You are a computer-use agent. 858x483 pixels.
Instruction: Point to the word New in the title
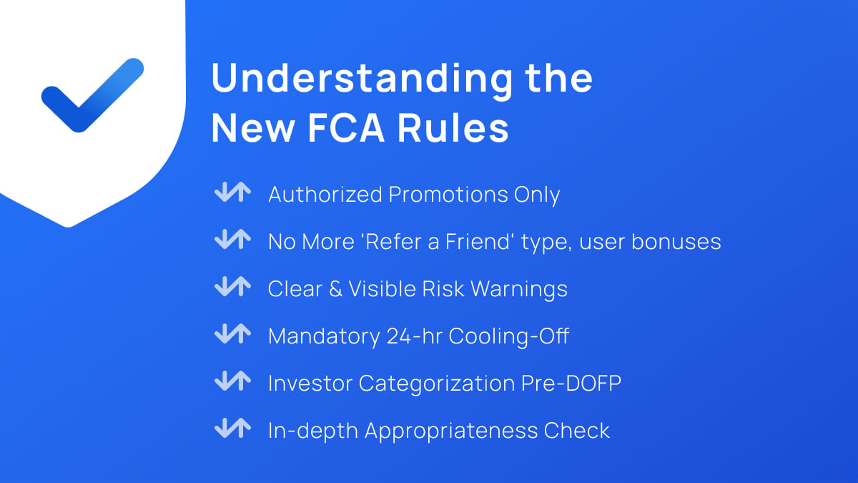coord(253,130)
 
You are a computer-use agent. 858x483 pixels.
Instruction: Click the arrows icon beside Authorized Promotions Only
coord(232,194)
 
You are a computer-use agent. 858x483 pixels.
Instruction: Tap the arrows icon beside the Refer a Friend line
coord(232,241)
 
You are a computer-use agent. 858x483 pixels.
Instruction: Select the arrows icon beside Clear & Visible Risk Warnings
coord(232,288)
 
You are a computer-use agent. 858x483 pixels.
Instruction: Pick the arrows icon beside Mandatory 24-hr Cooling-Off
coord(232,336)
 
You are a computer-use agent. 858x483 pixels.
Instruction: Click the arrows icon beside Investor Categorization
coord(232,383)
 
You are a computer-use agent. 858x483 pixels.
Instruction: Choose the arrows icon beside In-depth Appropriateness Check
coord(232,430)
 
